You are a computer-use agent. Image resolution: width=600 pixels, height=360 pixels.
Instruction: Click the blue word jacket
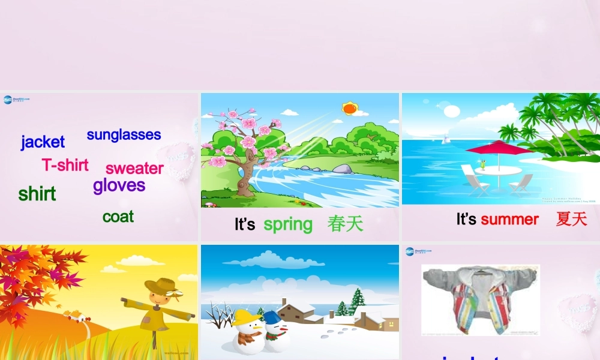click(43, 142)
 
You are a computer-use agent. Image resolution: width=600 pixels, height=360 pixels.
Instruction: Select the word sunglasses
click(124, 134)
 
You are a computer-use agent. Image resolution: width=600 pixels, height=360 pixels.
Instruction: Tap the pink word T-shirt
click(65, 165)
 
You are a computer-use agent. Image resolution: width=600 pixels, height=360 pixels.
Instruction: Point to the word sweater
click(134, 168)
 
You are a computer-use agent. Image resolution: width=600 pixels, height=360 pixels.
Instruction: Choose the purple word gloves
click(119, 185)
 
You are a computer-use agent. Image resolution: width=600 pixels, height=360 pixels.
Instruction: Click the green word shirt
click(37, 194)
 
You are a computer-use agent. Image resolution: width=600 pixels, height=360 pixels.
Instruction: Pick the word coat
click(118, 217)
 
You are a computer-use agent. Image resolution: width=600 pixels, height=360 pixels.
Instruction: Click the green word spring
click(288, 224)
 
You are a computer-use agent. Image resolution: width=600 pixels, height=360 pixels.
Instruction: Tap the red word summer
click(509, 220)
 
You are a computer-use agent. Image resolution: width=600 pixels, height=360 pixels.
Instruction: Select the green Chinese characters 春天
click(346, 224)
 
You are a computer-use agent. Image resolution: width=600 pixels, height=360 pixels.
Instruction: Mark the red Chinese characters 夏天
click(571, 220)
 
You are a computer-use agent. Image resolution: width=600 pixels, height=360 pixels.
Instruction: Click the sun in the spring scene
click(349, 109)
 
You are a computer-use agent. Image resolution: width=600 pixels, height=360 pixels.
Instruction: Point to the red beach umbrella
click(499, 148)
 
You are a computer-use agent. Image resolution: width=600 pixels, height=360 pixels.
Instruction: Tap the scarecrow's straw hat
click(159, 285)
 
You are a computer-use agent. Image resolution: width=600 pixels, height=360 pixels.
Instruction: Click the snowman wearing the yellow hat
click(247, 332)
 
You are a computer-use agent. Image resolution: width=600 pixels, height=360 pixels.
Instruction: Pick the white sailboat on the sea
click(446, 139)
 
